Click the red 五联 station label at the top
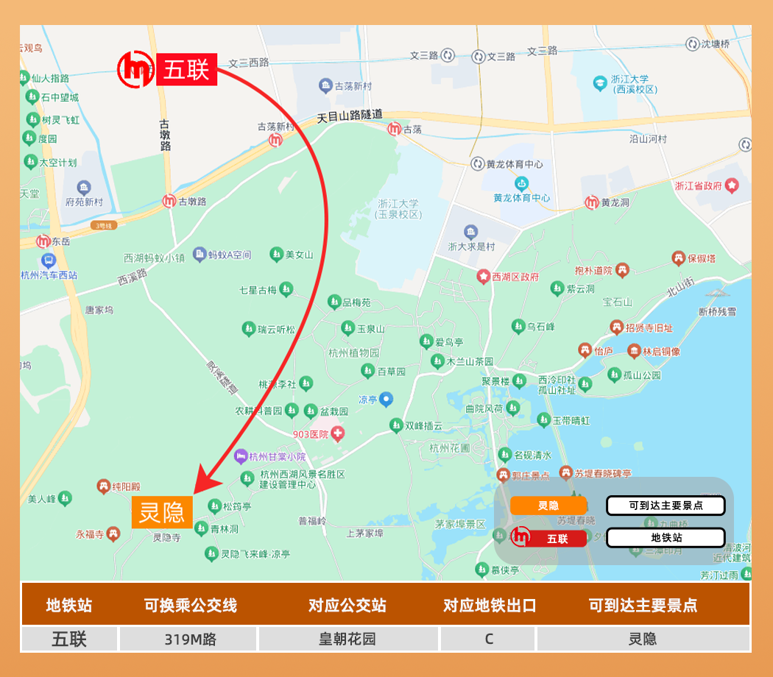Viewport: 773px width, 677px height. [x=186, y=69]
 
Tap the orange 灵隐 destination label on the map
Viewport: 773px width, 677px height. [x=162, y=512]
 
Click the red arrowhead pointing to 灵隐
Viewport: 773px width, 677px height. [x=205, y=483]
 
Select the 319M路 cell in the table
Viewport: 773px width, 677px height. [x=189, y=639]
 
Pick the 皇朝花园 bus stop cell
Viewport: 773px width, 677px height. [x=347, y=639]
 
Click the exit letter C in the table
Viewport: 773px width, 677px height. [x=489, y=639]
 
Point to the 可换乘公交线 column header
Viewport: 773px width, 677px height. [x=190, y=606]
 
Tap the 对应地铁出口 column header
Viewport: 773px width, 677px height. [x=490, y=606]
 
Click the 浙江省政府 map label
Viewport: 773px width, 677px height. [x=699, y=186]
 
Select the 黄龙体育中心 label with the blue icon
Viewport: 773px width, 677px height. [x=522, y=198]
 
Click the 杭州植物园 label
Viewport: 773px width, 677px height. [x=354, y=353]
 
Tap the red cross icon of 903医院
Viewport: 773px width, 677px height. [x=338, y=433]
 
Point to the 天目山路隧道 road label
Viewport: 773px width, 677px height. [x=350, y=116]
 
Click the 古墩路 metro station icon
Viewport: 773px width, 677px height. [x=169, y=201]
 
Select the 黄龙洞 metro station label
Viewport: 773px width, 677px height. [x=615, y=202]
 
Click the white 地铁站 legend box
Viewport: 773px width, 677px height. [x=666, y=538]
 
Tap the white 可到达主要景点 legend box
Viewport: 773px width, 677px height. [x=666, y=506]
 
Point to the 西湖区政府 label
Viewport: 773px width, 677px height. [x=515, y=277]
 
